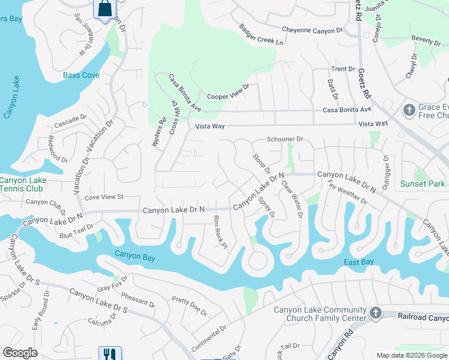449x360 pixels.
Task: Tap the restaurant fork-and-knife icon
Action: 110,354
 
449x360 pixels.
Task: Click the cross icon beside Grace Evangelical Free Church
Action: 408,110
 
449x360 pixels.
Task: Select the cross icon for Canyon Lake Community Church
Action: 375,313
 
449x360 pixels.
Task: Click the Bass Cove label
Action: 82,76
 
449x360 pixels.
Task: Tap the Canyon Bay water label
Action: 135,257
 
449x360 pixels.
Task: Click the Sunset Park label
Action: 423,184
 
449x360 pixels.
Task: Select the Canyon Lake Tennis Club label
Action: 22,184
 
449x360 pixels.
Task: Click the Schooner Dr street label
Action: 285,139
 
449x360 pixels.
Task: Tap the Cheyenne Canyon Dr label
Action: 312,29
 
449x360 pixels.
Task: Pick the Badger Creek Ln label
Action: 261,35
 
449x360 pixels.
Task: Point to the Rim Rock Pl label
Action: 219,232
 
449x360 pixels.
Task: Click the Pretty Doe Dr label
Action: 189,306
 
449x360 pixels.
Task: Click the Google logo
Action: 20,353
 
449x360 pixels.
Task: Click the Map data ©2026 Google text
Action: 412,355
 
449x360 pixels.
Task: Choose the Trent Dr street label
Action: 343,69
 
